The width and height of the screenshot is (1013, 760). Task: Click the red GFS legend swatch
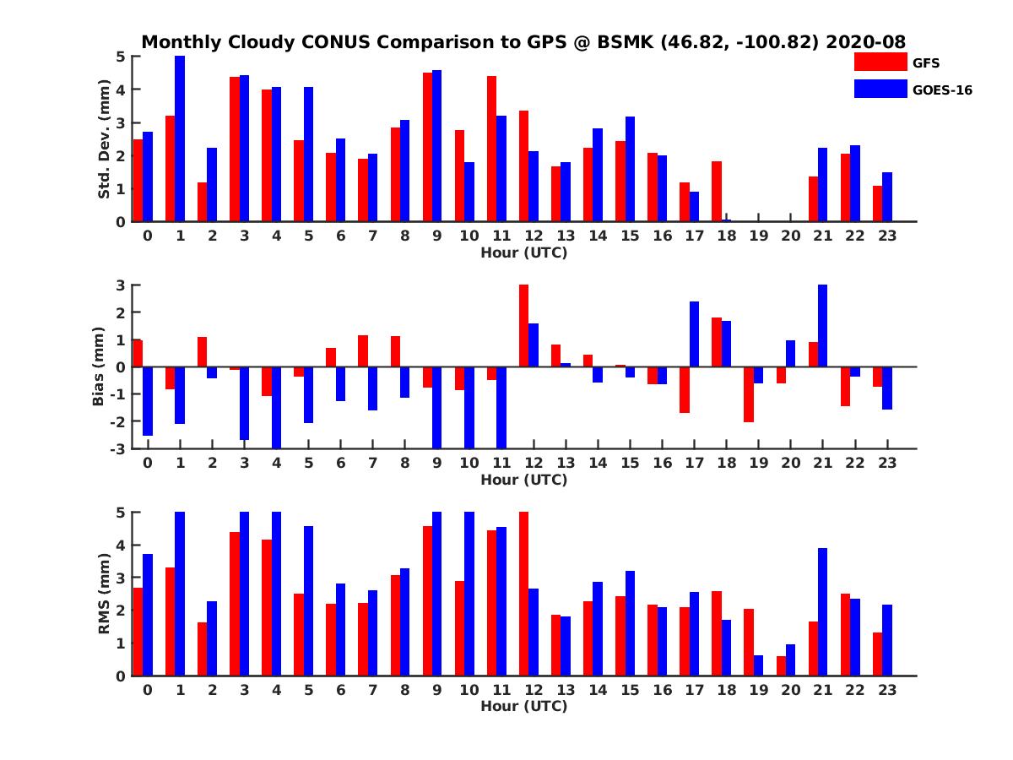880,62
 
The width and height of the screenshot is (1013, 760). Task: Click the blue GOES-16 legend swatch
880,89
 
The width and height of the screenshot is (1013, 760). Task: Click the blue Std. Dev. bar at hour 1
180,139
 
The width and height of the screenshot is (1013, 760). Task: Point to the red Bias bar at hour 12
523,326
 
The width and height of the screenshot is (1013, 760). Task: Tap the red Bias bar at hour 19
749,394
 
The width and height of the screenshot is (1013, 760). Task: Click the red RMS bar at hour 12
523,594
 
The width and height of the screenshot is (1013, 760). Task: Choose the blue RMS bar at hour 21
822,611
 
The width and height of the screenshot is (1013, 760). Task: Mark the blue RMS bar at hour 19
758,665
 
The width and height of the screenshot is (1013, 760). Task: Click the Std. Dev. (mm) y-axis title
104,139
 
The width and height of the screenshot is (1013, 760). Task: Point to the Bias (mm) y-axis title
99,366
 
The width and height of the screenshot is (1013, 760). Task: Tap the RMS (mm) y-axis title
104,594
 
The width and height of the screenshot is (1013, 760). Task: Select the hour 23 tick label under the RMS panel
886,689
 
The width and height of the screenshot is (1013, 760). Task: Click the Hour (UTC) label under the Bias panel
523,480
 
